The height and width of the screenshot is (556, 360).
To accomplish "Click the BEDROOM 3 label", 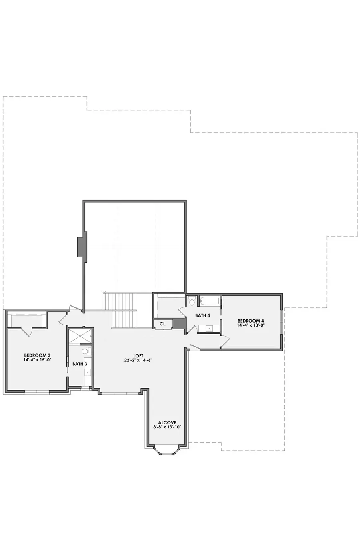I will click(37, 355).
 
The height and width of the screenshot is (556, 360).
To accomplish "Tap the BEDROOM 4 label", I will click(251, 321).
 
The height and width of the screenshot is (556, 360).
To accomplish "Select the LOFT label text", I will click(138, 355).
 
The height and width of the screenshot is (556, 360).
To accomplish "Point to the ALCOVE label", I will click(167, 422).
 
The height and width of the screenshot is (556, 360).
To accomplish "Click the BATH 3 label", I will click(80, 364).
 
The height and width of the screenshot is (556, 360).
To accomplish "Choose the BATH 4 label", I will click(203, 315).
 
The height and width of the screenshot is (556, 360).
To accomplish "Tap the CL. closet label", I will click(163, 324).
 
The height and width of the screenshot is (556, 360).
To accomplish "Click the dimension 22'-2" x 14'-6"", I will click(138, 360).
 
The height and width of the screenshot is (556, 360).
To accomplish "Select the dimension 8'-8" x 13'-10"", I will click(167, 427).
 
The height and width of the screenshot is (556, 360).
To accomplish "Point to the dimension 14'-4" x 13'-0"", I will click(251, 325).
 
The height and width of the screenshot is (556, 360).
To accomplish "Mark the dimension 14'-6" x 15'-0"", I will click(37, 360).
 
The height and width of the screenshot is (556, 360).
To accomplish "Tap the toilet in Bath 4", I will click(192, 301).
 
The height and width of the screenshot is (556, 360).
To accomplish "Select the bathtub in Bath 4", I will click(209, 301).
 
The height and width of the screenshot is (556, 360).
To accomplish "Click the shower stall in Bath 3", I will click(80, 336).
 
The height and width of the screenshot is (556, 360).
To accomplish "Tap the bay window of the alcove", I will click(166, 452).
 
